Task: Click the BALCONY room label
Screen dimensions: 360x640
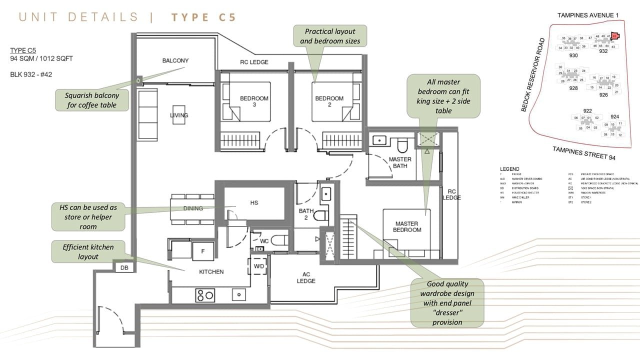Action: point(175,61)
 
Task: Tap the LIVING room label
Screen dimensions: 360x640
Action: point(179,115)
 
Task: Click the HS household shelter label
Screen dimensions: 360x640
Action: point(253,202)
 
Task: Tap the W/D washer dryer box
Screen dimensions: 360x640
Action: point(259,266)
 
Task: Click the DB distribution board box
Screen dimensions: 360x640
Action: point(124,268)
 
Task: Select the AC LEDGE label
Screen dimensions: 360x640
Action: point(306,277)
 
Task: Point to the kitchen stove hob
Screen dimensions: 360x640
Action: point(205,295)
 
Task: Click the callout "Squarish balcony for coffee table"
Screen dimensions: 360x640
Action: point(91,100)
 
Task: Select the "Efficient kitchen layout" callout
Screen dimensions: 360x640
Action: point(88,251)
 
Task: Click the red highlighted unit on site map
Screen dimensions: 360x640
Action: point(614,36)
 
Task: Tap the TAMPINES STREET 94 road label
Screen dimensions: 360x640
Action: point(583,153)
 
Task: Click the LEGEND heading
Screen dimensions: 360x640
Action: point(509,169)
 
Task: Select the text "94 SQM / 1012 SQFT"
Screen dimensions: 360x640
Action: point(41,58)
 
